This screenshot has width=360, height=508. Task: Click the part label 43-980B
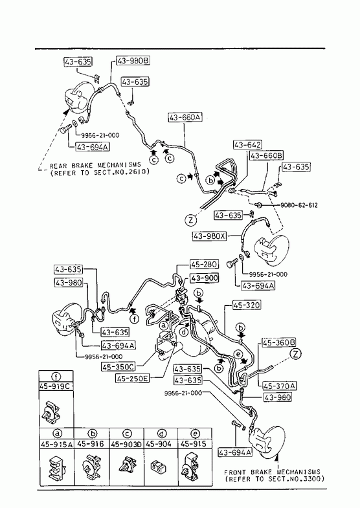(x=133, y=61)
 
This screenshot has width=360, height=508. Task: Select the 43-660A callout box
(x=185, y=117)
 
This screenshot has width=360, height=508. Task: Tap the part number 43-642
(x=247, y=144)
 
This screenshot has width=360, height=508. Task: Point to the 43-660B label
(x=266, y=155)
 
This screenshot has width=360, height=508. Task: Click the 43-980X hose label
(x=209, y=236)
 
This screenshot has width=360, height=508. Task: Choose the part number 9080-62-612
(x=298, y=205)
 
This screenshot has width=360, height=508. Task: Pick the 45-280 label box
(x=204, y=265)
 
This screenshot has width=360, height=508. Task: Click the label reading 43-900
(x=204, y=278)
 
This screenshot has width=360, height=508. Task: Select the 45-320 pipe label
(x=247, y=305)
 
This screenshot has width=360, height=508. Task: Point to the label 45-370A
(x=278, y=386)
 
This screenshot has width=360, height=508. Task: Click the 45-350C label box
(x=118, y=367)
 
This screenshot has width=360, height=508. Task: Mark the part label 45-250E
(x=133, y=378)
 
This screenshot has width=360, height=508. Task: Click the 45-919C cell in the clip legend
(x=56, y=386)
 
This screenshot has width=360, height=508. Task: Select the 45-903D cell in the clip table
(x=127, y=443)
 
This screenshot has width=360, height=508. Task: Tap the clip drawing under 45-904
(x=158, y=467)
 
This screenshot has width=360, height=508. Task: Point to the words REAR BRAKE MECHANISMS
(x=95, y=166)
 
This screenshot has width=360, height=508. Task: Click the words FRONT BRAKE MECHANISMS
(x=272, y=472)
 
